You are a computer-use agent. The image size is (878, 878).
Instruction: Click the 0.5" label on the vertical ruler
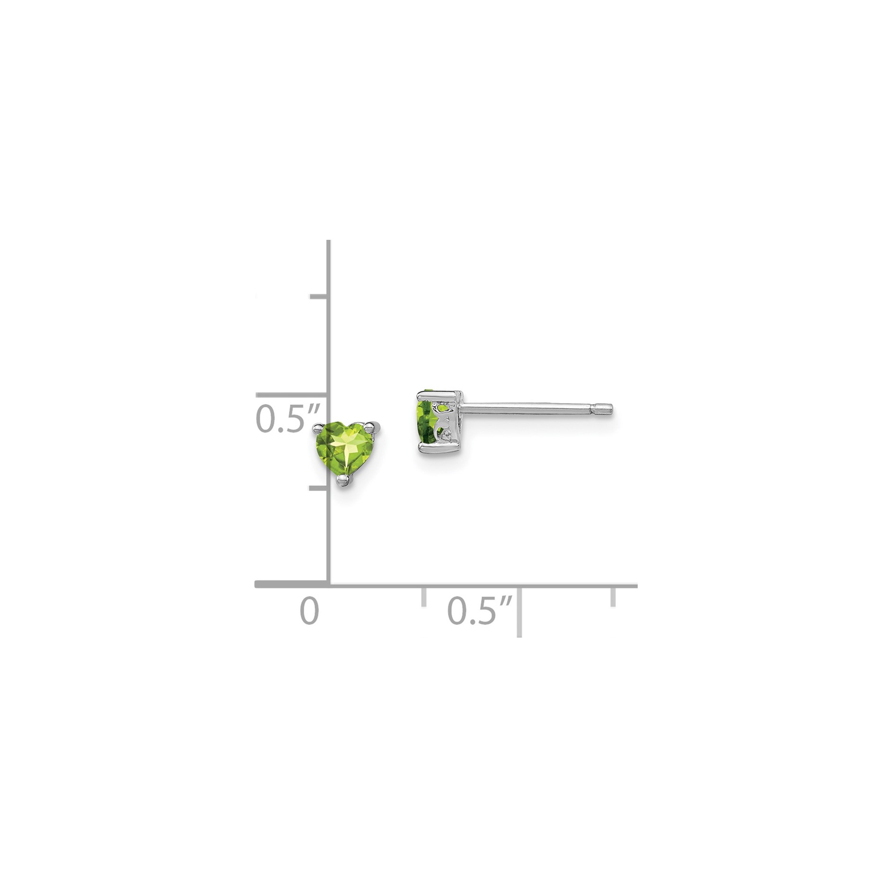coord(288,418)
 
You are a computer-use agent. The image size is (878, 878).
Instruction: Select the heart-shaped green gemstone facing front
coord(349,449)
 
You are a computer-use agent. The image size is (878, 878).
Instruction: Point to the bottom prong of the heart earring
coord(343,481)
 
